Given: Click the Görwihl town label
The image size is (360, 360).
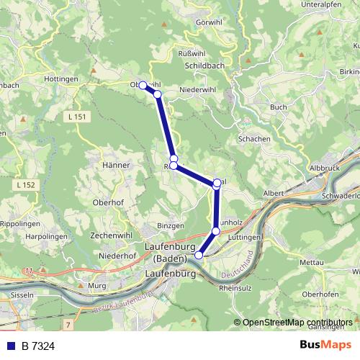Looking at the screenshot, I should [x=209, y=22].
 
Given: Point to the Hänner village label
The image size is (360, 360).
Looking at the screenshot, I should [x=116, y=165].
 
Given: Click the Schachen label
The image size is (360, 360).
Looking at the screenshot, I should [x=253, y=138].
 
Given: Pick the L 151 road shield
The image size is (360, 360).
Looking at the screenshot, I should [x=75, y=116].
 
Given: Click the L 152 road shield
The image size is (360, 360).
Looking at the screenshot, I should [x=24, y=185].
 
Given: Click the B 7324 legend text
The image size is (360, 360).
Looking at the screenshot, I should [x=38, y=346].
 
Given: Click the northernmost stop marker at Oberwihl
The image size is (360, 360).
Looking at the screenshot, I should [x=143, y=86].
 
